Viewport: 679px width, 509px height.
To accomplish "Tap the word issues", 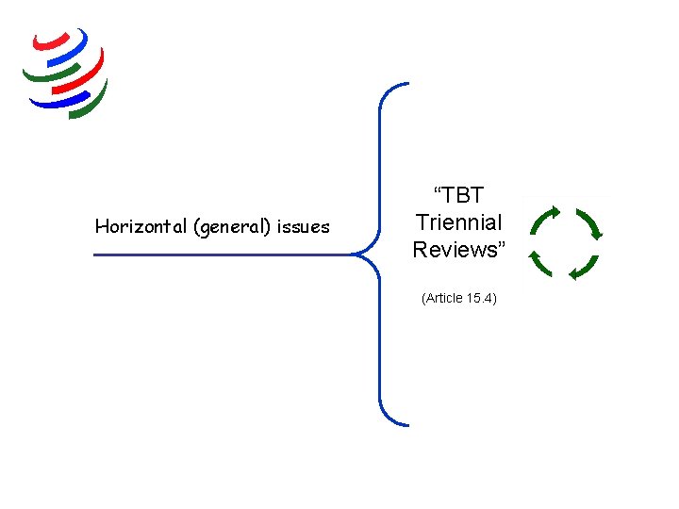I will click(303, 226).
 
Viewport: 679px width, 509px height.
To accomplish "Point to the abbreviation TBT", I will click(458, 196).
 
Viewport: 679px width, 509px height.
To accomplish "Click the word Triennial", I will click(458, 223).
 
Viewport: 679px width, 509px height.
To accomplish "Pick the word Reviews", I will click(455, 250).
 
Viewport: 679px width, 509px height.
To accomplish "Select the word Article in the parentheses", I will click(444, 298).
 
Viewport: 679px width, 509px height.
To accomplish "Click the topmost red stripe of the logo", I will click(52, 41).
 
